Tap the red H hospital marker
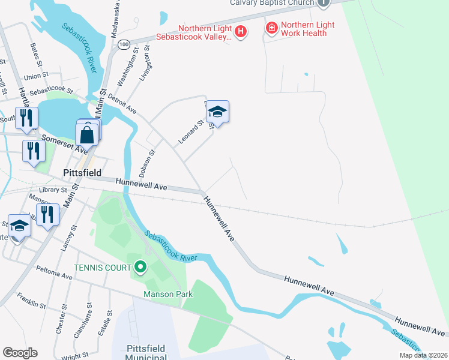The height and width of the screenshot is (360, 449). (x=240, y=31)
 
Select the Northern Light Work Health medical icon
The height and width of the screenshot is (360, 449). (x=271, y=28)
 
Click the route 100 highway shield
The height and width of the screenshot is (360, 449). (x=124, y=44)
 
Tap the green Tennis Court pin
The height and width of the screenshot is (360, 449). (x=140, y=266)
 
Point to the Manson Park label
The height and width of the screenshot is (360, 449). (x=168, y=294)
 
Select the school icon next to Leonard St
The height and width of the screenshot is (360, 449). (x=217, y=112)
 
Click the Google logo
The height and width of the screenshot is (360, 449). (x=20, y=353)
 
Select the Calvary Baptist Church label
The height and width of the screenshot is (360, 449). (x=272, y=3)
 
